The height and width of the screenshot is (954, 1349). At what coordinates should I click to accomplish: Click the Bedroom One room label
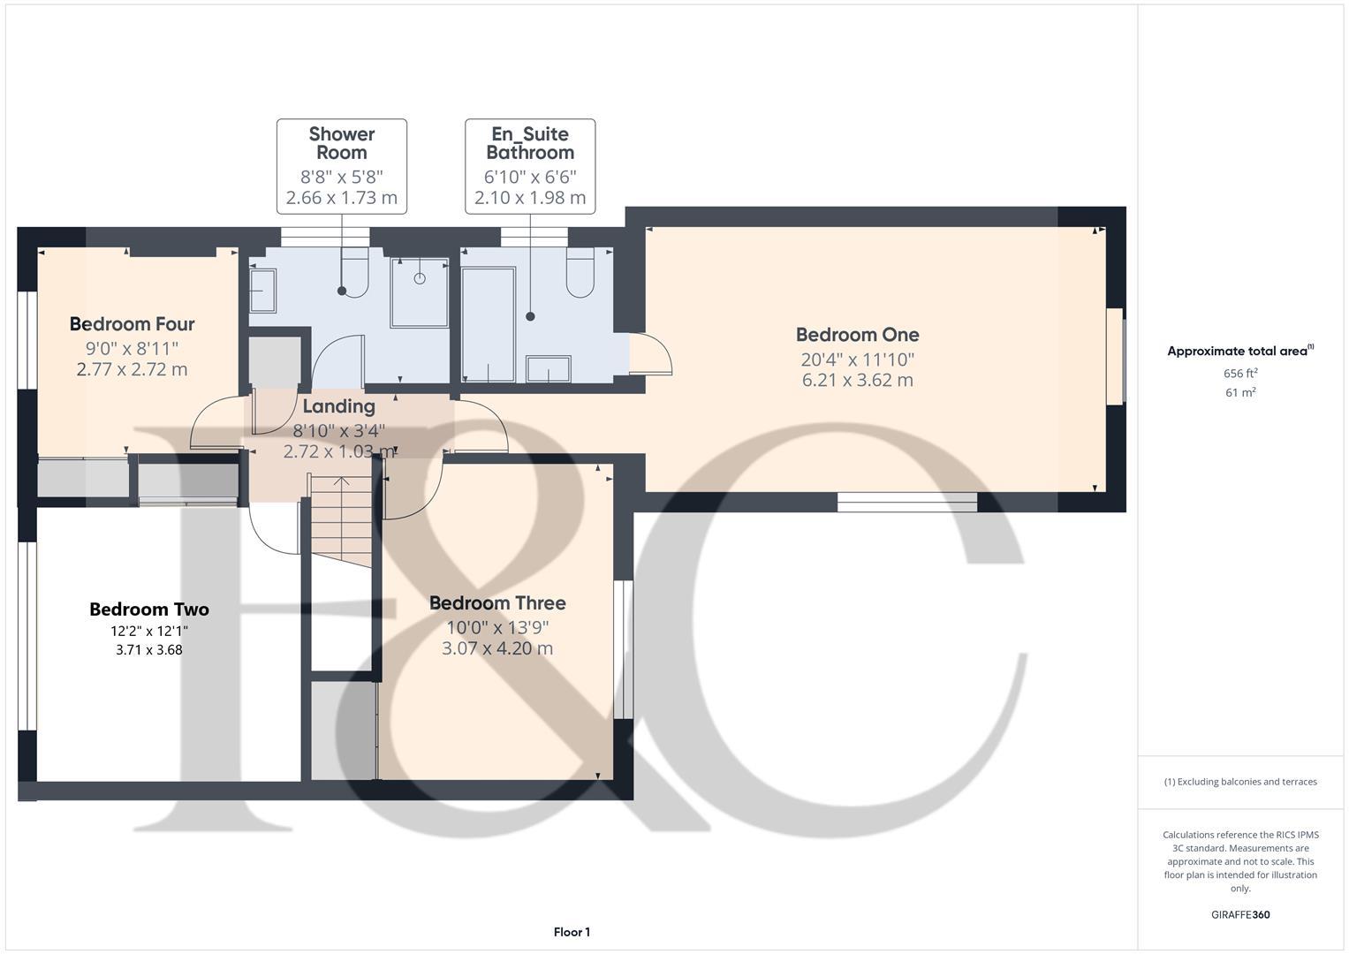(x=857, y=335)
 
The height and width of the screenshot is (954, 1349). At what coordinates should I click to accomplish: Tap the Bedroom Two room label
(x=148, y=609)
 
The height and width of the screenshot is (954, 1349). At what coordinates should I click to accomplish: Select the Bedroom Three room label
(x=497, y=603)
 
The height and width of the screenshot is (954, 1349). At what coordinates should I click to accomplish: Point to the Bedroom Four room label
(x=132, y=324)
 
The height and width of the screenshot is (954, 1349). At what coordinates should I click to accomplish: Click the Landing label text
(x=338, y=406)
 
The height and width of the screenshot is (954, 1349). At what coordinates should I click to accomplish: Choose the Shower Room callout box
(x=342, y=166)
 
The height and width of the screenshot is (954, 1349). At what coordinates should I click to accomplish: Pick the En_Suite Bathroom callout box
(x=530, y=166)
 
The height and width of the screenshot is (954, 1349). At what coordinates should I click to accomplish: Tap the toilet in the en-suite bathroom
(x=580, y=273)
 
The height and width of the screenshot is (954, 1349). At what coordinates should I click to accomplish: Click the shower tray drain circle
(x=420, y=278)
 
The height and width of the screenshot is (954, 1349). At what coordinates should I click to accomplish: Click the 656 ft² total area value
(x=1240, y=374)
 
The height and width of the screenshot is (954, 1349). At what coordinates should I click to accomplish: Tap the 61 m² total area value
(x=1240, y=393)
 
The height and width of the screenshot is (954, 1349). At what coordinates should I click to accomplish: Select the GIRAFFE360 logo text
(x=1239, y=914)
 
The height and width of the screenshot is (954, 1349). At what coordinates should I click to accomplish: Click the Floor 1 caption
(x=572, y=932)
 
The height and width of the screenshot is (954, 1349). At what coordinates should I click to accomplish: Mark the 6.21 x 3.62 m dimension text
(x=857, y=381)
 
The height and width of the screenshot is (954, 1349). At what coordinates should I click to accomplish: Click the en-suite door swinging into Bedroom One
(x=652, y=354)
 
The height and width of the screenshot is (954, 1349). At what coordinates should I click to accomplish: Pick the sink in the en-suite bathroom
(x=548, y=369)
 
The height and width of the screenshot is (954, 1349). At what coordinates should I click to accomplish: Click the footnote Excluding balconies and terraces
(x=1240, y=782)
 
